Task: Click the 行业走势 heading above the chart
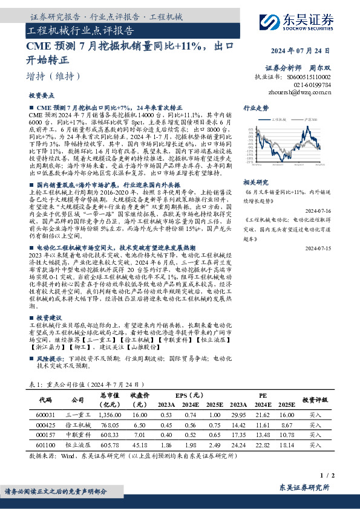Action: click(x=255, y=107)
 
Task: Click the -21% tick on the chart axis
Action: click(x=249, y=162)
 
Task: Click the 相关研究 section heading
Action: click(x=255, y=181)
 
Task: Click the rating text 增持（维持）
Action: click(x=53, y=76)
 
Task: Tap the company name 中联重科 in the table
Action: click(x=77, y=435)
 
